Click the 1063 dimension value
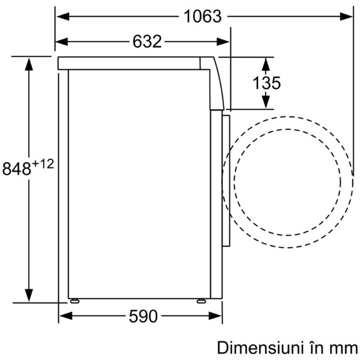(203, 17)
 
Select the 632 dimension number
(147, 42)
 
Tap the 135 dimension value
(267, 83)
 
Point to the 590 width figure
(143, 316)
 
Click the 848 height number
(17, 169)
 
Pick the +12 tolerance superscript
(43, 164)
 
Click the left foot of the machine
(75, 301)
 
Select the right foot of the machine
(201, 301)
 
